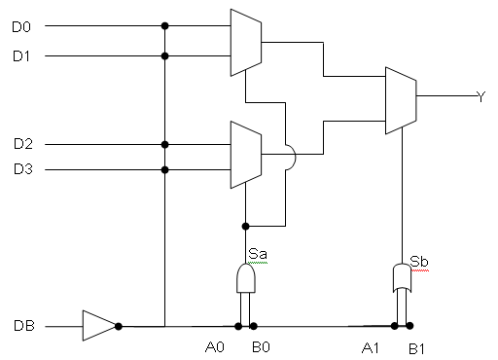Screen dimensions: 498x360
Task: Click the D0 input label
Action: [21, 27]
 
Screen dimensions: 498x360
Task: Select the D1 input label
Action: [21, 56]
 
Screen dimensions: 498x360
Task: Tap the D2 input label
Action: [23, 143]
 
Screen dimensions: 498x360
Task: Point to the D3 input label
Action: [23, 169]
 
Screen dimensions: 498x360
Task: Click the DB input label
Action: [24, 326]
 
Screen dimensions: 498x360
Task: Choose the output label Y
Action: [481, 96]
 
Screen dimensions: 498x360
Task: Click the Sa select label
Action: [258, 254]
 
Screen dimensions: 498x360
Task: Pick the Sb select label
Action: [419, 262]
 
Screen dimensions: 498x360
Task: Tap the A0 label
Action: [215, 347]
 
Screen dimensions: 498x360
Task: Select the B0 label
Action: [261, 347]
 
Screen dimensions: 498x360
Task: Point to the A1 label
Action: [370, 348]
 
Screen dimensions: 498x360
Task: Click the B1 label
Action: [416, 349]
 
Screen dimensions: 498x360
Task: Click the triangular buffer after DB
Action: [99, 326]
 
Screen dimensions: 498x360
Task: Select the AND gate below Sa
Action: [246, 278]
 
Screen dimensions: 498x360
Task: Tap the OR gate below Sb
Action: [402, 277]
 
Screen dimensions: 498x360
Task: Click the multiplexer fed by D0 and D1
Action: [246, 43]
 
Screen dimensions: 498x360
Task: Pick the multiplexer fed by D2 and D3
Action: [246, 155]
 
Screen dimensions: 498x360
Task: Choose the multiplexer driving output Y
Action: [401, 100]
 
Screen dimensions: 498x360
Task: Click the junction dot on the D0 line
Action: [164, 25]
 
